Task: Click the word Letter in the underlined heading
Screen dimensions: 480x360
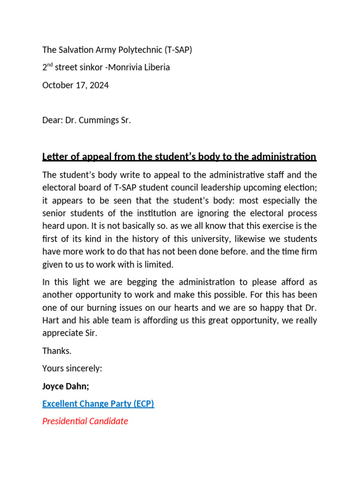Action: click(x=54, y=157)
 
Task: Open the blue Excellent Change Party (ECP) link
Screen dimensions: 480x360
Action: click(x=98, y=403)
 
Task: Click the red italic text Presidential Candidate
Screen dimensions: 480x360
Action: click(x=85, y=421)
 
